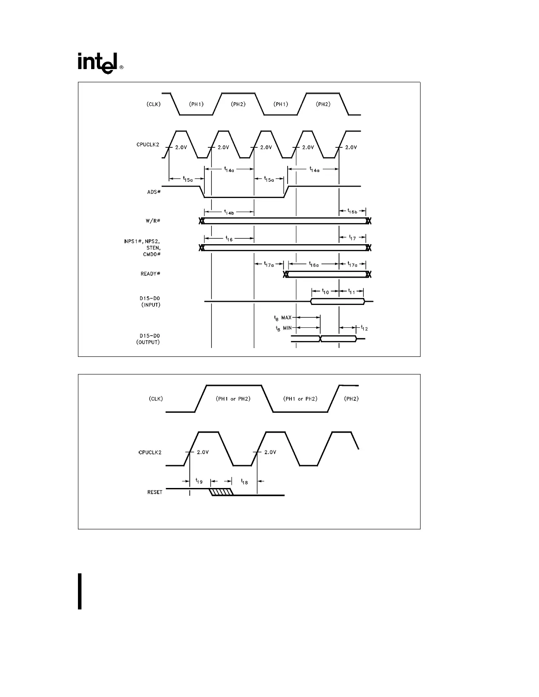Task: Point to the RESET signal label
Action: pos(155,492)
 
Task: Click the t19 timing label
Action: pos(199,481)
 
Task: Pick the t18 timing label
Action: pos(244,481)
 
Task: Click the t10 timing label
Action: pos(325,291)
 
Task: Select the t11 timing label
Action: pos(351,291)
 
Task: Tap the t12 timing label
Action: pos(364,327)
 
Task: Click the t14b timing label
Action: pos(229,212)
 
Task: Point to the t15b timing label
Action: pos(353,212)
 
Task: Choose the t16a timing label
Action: pos(314,264)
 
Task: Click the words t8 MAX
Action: pos(283,317)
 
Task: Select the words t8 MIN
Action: pos(283,327)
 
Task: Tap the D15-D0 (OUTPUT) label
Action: pos(148,339)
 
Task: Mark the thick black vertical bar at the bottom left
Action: pos(80,591)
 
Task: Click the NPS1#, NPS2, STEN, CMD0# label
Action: pos(142,248)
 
